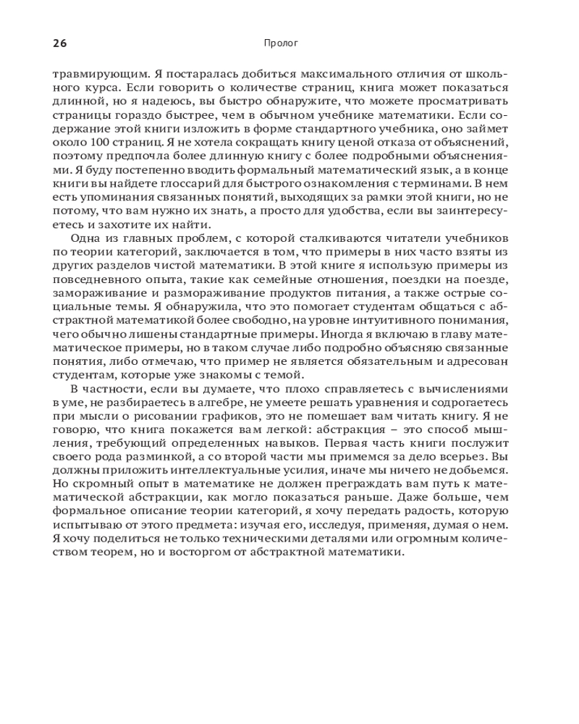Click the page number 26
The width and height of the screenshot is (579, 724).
pos(59,43)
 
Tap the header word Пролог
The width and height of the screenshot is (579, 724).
pos(282,43)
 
